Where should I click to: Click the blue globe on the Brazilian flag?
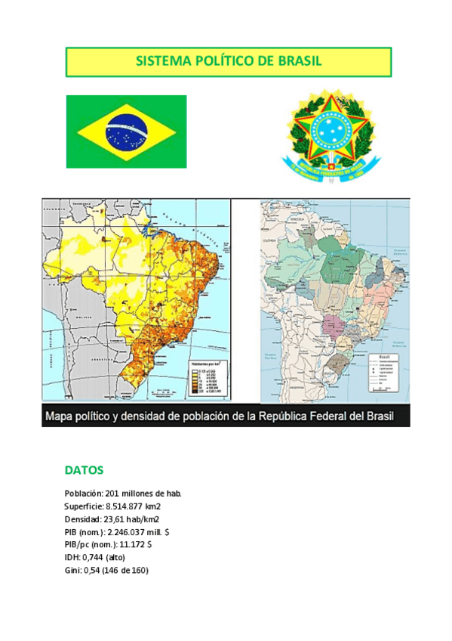[126, 131]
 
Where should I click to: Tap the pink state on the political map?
[333, 327]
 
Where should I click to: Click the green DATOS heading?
[84, 470]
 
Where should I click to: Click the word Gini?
[72, 570]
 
